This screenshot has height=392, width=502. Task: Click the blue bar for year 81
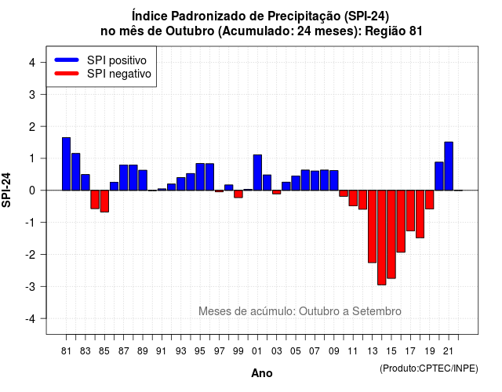66,164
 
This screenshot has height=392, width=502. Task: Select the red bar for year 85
104,201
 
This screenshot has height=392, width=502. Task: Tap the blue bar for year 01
257,172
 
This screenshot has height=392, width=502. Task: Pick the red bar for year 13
372,227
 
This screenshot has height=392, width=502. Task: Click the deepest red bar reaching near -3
382,238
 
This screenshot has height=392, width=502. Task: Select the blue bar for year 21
449,166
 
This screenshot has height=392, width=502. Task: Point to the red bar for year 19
430,200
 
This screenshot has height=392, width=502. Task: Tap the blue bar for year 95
200,177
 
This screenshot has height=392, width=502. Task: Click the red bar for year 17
410,211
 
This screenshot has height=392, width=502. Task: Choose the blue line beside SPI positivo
67,60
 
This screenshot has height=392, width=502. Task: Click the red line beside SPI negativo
67,73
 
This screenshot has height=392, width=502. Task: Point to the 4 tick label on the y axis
32,63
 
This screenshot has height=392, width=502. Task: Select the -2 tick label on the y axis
31,254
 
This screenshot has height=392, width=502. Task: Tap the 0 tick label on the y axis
32,191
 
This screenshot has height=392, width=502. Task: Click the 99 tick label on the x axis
238,351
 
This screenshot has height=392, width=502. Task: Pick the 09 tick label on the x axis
333,351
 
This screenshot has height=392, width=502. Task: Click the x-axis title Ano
262,373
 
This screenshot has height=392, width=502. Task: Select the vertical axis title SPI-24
6,190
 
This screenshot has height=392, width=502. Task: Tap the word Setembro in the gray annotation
376,311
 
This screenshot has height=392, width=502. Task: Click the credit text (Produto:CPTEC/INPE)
429,368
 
